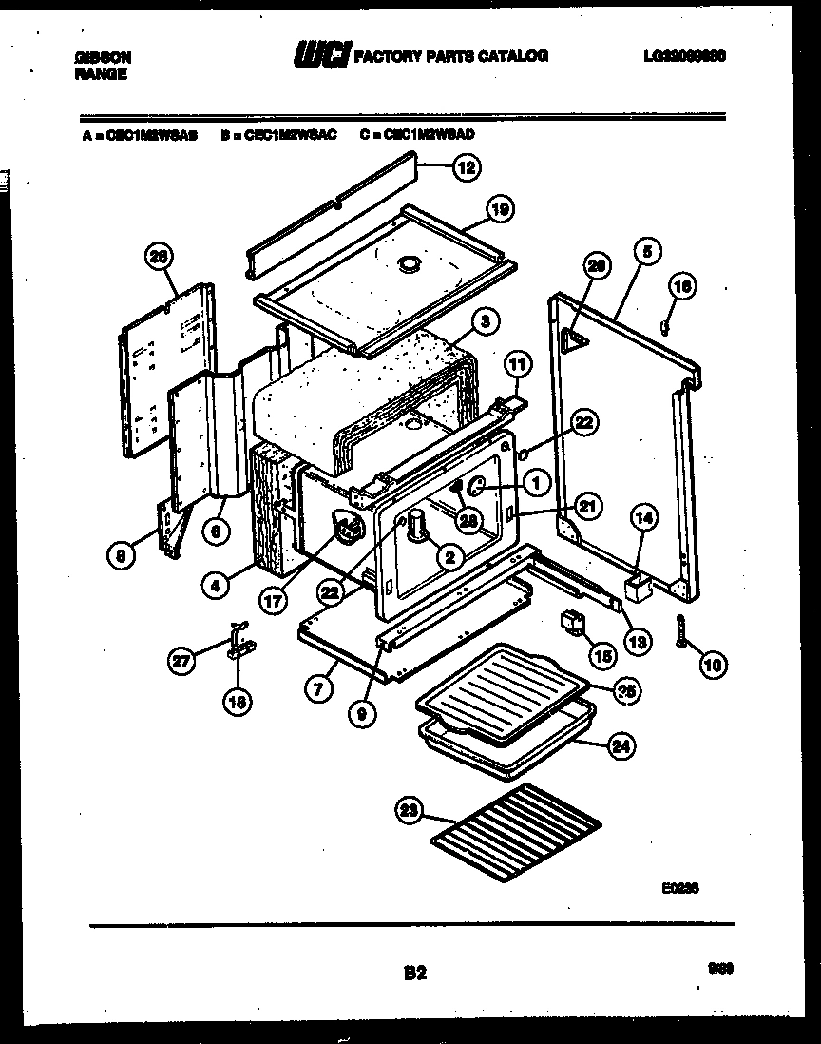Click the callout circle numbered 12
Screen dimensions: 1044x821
coord(466,168)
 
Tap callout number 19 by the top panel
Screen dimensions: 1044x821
coord(501,210)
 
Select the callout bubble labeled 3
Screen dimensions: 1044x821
coord(485,323)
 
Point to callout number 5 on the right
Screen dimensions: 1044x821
coord(645,253)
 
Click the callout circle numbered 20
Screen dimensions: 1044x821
coord(595,269)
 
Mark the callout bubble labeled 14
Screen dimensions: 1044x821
coord(644,519)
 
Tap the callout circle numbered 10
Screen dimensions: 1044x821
coord(712,666)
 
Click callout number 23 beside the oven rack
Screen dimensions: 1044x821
coord(409,810)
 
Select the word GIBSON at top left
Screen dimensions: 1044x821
coord(103,58)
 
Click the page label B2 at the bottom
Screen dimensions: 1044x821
coord(414,973)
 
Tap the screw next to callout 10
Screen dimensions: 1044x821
coord(681,631)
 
